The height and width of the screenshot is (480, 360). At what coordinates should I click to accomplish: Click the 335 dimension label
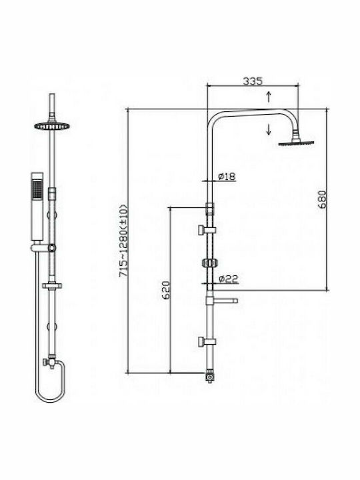point(253,81)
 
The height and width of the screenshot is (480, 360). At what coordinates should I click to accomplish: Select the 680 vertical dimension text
point(323,199)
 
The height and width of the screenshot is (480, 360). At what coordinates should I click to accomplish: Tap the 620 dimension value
point(165,290)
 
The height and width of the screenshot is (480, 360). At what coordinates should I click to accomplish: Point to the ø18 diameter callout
point(227,177)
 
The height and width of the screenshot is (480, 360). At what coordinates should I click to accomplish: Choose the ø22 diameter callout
point(229,279)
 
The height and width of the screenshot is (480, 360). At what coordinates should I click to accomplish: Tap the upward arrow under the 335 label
point(269,97)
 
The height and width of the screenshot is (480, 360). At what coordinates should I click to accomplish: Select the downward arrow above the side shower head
point(269,129)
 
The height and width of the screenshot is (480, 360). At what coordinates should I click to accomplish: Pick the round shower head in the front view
point(52,125)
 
